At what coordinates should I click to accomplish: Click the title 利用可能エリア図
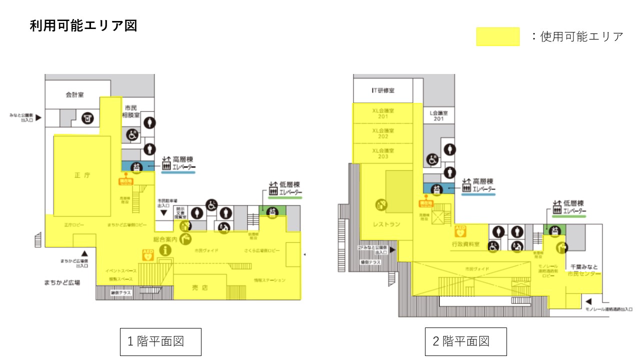coord(83,26)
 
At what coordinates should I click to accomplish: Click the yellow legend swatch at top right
coord(497,37)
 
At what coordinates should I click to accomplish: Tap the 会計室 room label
coord(74,94)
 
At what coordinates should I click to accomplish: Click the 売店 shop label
coord(200,287)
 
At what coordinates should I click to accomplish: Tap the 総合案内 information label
coord(165,239)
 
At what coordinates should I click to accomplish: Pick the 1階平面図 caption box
coord(160,341)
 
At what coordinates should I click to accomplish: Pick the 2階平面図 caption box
coord(465,341)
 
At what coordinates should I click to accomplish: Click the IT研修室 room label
coord(383,90)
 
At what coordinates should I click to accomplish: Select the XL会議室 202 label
coord(383,133)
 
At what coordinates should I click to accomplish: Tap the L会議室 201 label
coord(438,116)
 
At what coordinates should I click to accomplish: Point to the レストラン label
coord(386,224)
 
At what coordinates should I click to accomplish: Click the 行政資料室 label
coord(465,244)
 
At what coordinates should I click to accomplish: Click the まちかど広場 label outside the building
coord(62,282)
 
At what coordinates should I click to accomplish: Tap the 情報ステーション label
coord(269,280)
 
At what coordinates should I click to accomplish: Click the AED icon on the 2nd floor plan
coord(460,231)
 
